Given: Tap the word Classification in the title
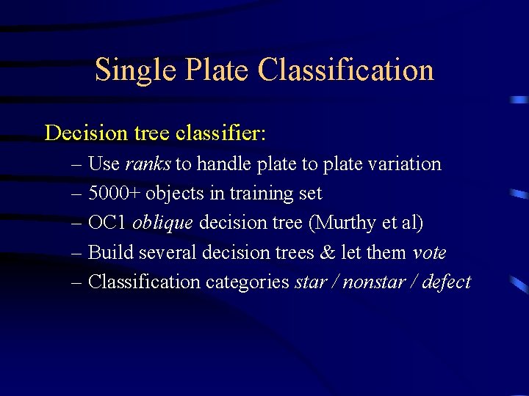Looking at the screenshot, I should click(x=345, y=71).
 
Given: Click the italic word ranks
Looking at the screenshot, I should click(x=148, y=164).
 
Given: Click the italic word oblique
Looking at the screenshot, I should click(x=163, y=223).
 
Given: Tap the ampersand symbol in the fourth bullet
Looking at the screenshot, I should click(x=327, y=253).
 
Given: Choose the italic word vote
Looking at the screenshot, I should click(x=429, y=253).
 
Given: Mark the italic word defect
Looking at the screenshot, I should click(x=447, y=282).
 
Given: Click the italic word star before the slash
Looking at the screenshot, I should click(x=310, y=282).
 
